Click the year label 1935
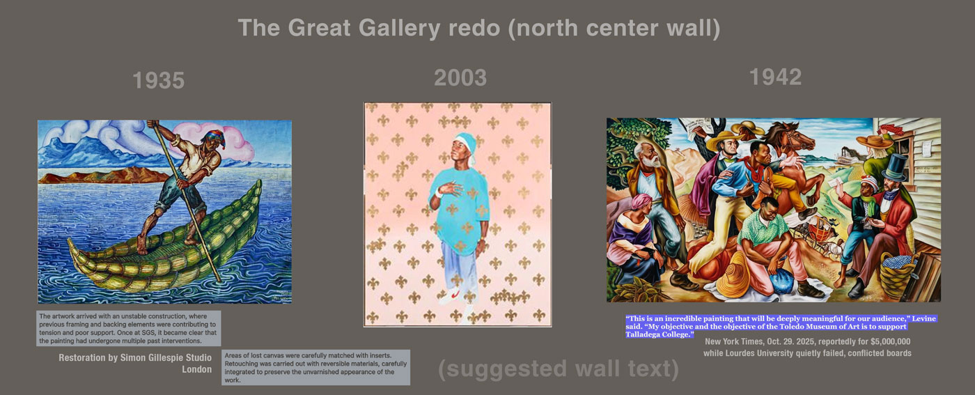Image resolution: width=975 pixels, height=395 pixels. pyautogui.click(x=159, y=81)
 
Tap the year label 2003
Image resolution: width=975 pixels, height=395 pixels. pyautogui.click(x=460, y=78)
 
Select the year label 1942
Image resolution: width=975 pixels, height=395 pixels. pyautogui.click(x=775, y=77)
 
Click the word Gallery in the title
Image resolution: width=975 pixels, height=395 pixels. pyautogui.click(x=399, y=28)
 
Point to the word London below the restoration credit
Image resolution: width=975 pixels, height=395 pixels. pyautogui.click(x=196, y=369)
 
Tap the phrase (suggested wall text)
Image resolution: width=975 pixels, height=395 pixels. pyautogui.click(x=559, y=369)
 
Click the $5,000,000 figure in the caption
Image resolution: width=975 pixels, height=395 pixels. pyautogui.click(x=890, y=341)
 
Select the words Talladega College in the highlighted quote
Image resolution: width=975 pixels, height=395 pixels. pyautogui.click(x=657, y=334)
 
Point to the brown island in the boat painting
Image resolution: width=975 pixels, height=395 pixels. pyautogui.click(x=104, y=176)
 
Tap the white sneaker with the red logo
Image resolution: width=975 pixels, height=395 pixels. pyautogui.click(x=451, y=297)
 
